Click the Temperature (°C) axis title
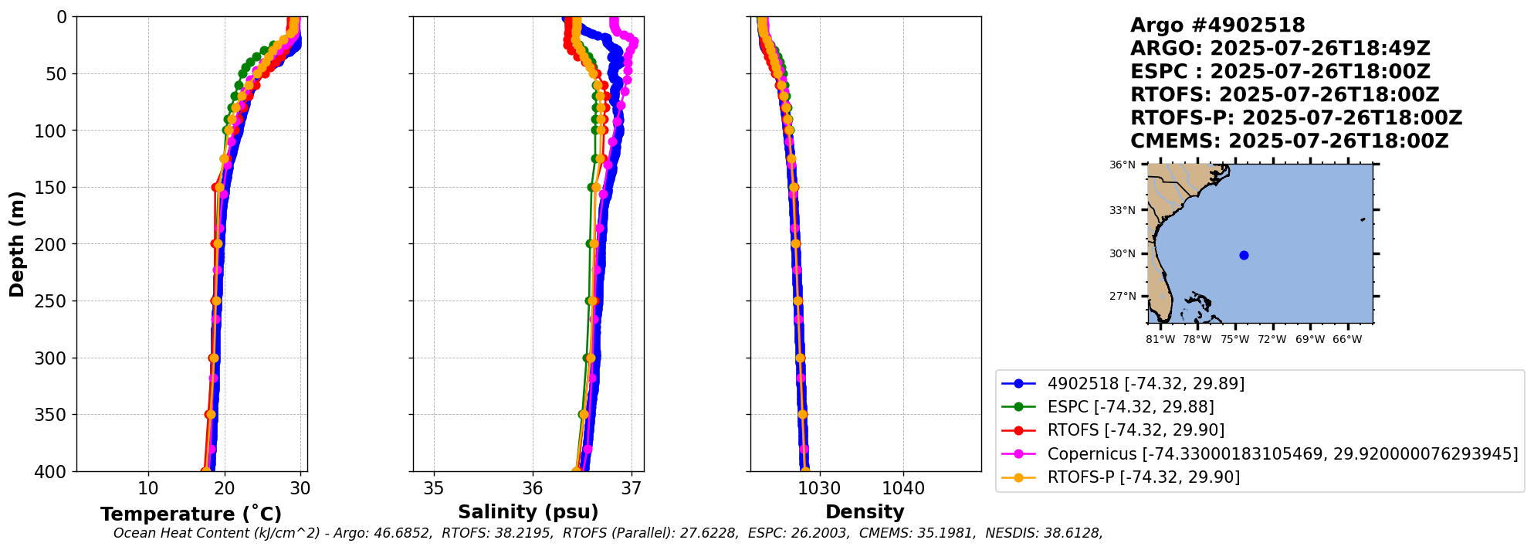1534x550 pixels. (x=191, y=514)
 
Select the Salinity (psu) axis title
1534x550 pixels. (x=528, y=512)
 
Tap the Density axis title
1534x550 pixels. (x=865, y=512)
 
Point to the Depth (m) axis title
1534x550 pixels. (x=17, y=244)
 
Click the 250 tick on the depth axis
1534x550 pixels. (x=50, y=301)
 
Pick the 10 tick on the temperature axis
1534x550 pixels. (x=148, y=489)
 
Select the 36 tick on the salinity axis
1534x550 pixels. (x=533, y=489)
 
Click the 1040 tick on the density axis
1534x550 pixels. (x=903, y=489)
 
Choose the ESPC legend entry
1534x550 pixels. (x=1130, y=407)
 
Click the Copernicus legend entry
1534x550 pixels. (x=1282, y=454)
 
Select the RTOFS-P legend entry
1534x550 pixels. (x=1143, y=477)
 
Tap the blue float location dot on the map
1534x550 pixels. (x=1244, y=256)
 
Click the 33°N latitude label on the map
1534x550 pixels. (x=1123, y=211)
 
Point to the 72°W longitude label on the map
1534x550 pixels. (x=1272, y=340)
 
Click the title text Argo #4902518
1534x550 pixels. (x=1217, y=25)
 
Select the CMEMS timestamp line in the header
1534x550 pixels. (x=1289, y=141)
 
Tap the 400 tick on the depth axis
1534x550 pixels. (x=50, y=472)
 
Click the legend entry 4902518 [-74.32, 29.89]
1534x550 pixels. (x=1146, y=384)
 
